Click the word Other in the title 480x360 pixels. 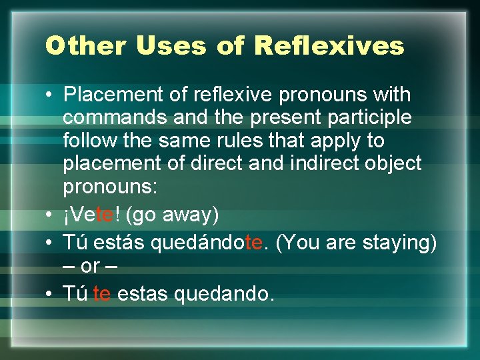pos(86,46)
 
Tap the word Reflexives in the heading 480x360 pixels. pos(329,46)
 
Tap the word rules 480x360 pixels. pos(268,141)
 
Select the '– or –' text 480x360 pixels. pos(91,265)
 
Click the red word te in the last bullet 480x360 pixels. pos(101,293)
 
